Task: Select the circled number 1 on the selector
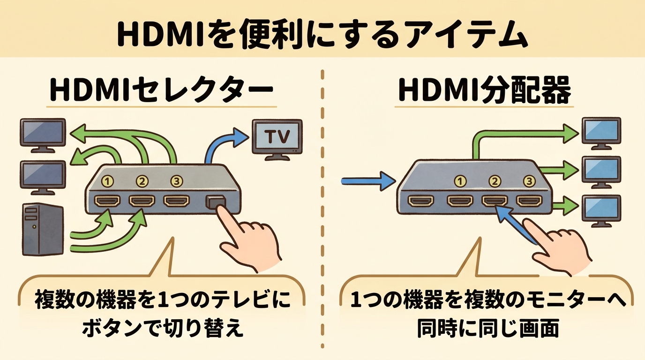[108, 180]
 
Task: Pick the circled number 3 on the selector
[176, 180]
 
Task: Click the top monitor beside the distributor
[601, 130]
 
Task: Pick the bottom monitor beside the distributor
[601, 208]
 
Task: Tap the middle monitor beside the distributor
[601, 169]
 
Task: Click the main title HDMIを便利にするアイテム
[322, 34]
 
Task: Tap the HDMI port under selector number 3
[176, 201]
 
